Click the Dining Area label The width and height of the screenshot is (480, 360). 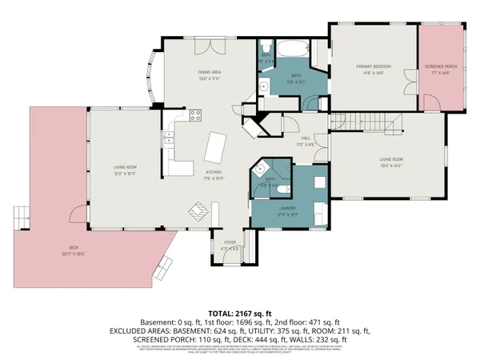coord(210,76)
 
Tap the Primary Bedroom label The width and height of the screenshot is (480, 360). coord(370,69)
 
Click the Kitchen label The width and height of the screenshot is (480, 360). coord(214,174)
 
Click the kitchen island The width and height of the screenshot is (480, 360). coord(215,148)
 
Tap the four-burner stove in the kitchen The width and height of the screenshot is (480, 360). coord(194,116)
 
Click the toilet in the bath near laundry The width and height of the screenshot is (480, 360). coord(285,190)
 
